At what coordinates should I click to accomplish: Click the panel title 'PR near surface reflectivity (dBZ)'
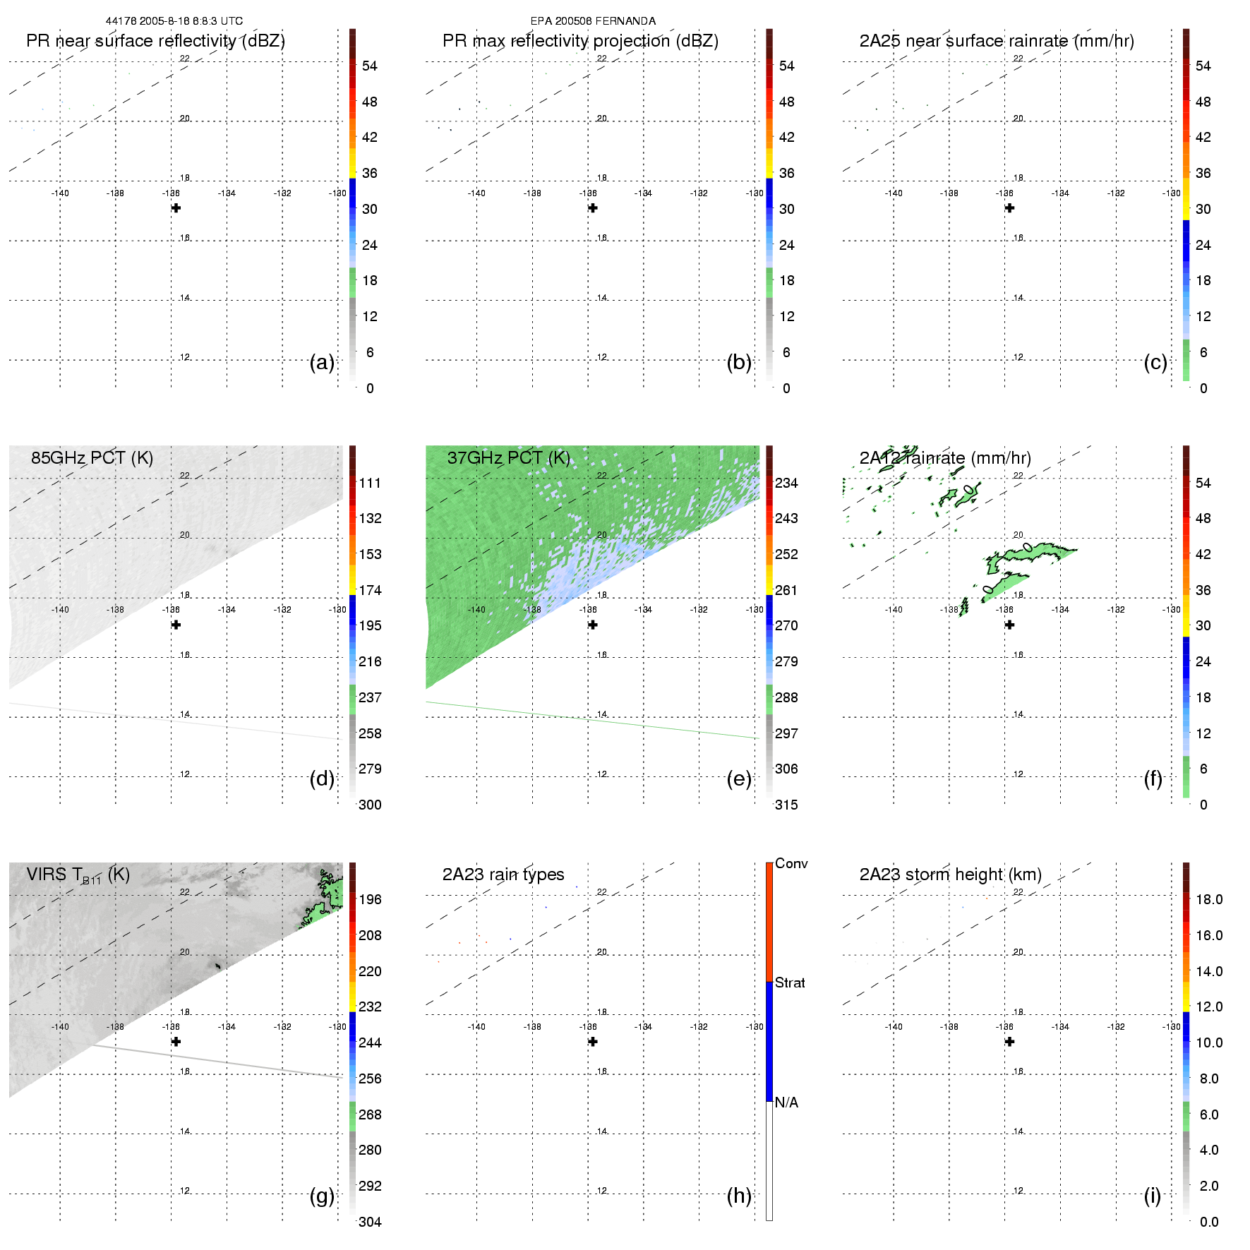click(155, 41)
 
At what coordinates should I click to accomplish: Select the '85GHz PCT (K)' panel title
click(92, 458)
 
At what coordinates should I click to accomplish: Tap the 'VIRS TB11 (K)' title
click(78, 875)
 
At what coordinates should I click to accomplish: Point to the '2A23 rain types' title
click(503, 875)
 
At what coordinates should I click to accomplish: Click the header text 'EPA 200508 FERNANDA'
click(593, 21)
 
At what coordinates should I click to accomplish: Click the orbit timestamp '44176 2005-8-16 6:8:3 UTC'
click(174, 21)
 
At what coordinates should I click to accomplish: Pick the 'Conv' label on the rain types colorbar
click(791, 864)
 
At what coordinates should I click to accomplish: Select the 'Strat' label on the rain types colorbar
click(790, 983)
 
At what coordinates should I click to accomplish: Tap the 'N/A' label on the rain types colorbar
click(786, 1102)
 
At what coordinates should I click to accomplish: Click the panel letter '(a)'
click(322, 363)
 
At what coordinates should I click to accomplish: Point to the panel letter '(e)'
click(739, 779)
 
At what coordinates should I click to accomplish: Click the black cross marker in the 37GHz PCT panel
click(593, 625)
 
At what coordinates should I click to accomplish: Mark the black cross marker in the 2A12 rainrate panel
click(1009, 625)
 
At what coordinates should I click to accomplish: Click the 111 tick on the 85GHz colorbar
click(370, 483)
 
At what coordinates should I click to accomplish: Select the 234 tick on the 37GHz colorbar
click(786, 483)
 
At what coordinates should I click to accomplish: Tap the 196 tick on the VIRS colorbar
click(370, 900)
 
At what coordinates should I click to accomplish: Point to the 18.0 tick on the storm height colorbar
click(1208, 900)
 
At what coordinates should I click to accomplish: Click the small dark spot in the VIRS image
click(217, 965)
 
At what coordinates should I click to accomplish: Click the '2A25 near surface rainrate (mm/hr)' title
click(997, 41)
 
